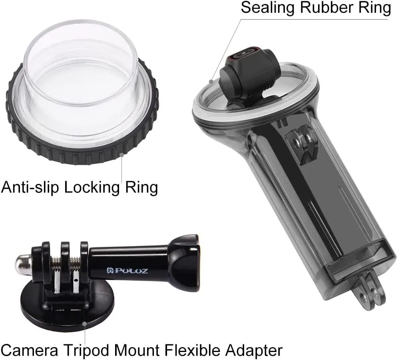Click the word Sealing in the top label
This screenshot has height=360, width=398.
tap(268, 8)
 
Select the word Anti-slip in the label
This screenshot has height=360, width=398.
tap(30, 187)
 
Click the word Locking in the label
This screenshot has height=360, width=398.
tap(92, 188)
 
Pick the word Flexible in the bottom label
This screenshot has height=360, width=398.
tap(192, 350)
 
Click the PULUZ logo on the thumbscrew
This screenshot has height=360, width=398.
tap(127, 271)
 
